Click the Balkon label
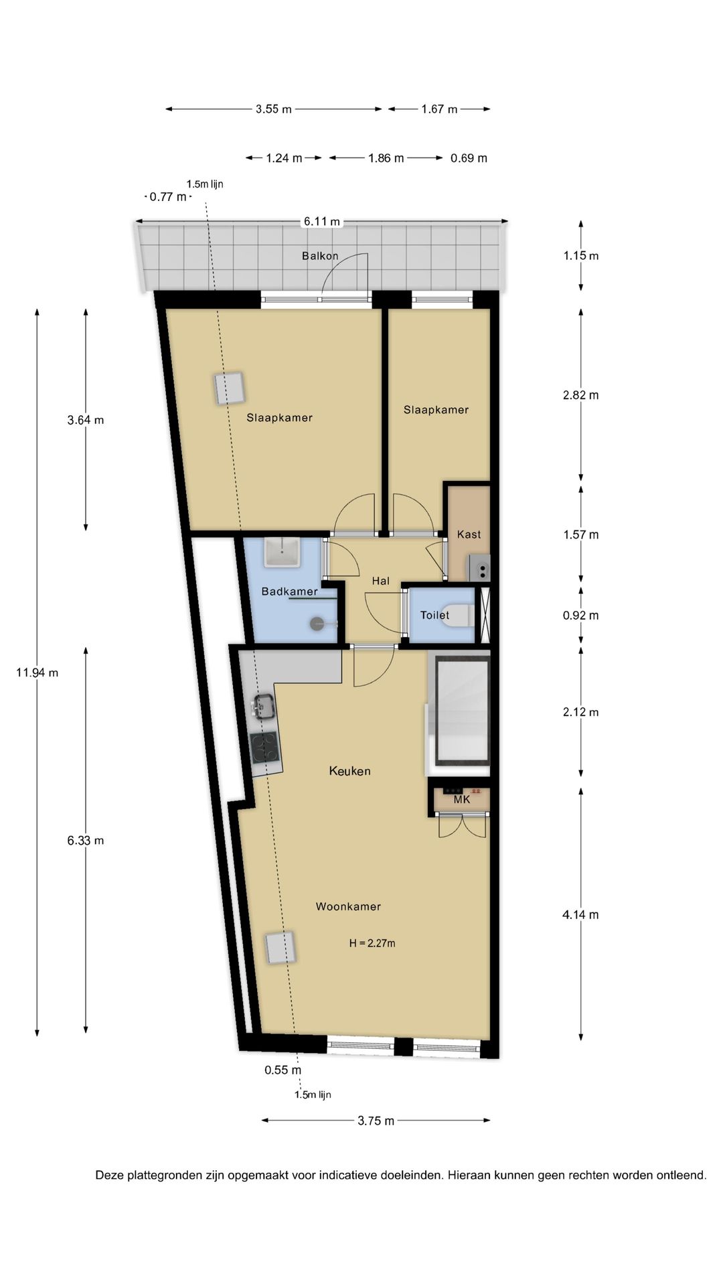(320, 256)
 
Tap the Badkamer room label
(289, 591)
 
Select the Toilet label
(434, 615)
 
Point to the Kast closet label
(469, 534)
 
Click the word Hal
(380, 581)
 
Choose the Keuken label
(349, 771)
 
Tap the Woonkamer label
(348, 906)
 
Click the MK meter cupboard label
(462, 799)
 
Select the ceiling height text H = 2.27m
(372, 943)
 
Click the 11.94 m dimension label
(37, 672)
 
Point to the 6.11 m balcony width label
(322, 222)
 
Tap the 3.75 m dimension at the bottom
(376, 1121)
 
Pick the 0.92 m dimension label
(580, 615)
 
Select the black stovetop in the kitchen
(264, 747)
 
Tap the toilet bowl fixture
(460, 615)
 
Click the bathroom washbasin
(282, 553)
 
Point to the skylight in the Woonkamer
(280, 948)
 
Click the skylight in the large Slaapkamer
(229, 388)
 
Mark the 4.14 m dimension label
(580, 914)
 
